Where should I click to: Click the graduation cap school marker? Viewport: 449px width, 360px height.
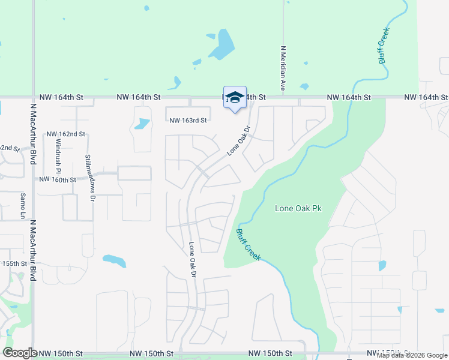pos(235,98)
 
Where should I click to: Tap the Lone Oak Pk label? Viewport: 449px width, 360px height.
pos(298,208)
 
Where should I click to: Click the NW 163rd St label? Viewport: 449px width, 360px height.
pos(188,120)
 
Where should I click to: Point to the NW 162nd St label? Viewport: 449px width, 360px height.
pos(66,134)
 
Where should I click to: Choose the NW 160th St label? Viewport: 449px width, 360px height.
pos(58,179)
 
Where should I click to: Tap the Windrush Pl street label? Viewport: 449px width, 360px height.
pos(59,155)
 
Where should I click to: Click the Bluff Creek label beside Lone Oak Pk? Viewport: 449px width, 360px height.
pos(248,245)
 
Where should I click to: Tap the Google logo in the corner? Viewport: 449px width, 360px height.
pos(20,353)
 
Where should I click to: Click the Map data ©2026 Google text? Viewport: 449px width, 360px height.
pos(412,355)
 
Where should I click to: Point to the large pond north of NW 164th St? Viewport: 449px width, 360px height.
pos(223,45)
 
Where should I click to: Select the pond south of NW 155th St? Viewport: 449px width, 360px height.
pos(114,261)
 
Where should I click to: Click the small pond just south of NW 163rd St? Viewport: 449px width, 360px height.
pos(142,124)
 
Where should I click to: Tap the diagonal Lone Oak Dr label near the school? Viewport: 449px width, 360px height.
pos(238,140)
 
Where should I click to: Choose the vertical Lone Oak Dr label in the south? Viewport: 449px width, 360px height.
pos(193,259)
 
